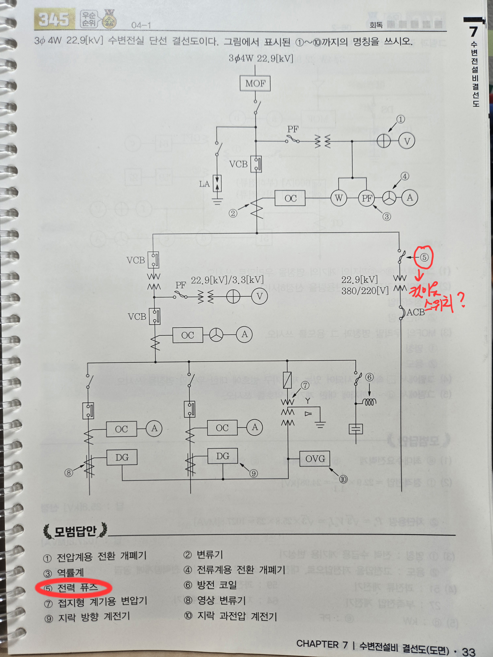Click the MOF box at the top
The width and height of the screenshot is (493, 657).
pos(255,83)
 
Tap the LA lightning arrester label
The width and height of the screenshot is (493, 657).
pos(204,184)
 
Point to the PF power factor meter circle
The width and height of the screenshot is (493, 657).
pos(367,198)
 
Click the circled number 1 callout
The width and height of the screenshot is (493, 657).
pos(401,119)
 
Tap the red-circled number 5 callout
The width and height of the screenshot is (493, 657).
pos(424,257)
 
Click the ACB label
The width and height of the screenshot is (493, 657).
pos(415,312)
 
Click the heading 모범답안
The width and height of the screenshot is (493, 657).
pos(75,531)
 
